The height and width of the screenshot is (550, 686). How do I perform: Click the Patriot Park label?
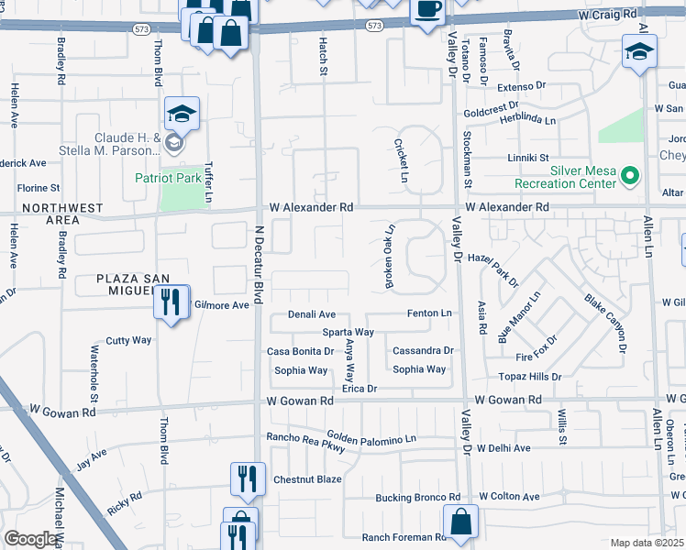coord(167,178)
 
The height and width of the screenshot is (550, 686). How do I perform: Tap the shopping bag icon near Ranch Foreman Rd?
coord(459,520)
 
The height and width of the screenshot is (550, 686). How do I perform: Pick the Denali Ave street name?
coord(312,313)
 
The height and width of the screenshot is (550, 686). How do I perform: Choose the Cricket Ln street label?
coord(401,160)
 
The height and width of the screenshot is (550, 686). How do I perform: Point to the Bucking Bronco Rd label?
coord(421,498)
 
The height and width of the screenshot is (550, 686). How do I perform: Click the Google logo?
coord(30,539)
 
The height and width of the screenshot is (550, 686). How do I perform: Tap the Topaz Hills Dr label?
coord(529,377)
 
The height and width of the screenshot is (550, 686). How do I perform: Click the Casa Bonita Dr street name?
coord(300,351)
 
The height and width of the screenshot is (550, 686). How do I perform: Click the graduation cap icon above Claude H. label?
coord(183,115)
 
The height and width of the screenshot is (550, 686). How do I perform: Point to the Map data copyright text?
coord(647,543)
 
